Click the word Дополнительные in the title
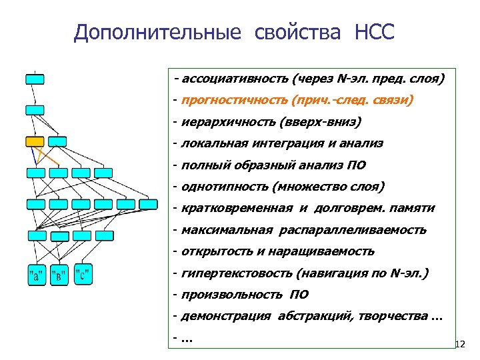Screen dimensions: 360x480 click(x=157, y=33)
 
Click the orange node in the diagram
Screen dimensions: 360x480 click(x=35, y=141)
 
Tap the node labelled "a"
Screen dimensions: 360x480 click(x=36, y=274)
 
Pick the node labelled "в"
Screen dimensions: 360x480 click(x=59, y=274)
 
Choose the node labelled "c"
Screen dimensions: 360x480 click(x=83, y=273)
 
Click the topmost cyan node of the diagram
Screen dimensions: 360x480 click(x=35, y=79)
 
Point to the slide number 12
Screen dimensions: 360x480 click(x=458, y=345)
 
